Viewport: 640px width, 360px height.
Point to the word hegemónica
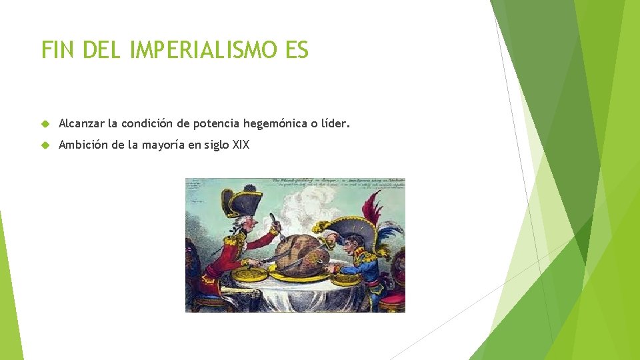275,123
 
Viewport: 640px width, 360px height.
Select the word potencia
217,123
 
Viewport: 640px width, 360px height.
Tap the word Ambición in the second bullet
83,145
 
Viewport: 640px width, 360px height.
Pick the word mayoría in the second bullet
165,145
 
